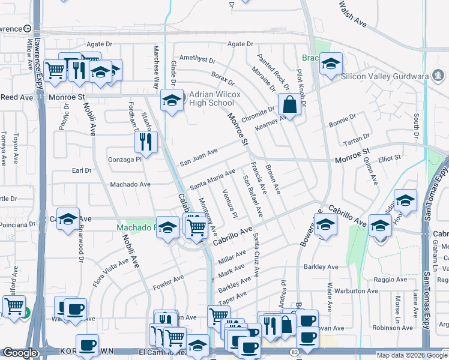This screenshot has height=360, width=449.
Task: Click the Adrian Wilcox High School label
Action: pyautogui.click(x=215, y=98)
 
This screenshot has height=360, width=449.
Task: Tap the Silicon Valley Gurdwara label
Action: pyautogui.click(x=393, y=76)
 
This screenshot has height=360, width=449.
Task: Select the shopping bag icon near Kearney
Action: pyautogui.click(x=289, y=104)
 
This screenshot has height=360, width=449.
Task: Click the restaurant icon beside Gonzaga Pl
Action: pyautogui.click(x=145, y=142)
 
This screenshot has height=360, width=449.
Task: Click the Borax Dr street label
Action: pyautogui.click(x=222, y=83)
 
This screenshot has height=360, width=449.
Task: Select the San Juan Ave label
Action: pyautogui.click(x=199, y=158)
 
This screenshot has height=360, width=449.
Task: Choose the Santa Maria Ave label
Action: pyautogui.click(x=212, y=179)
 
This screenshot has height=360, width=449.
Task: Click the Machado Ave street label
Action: pyautogui.click(x=130, y=184)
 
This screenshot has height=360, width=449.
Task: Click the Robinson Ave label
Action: pyautogui.click(x=393, y=328)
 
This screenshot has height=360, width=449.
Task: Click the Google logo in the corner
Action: pyautogui.click(x=20, y=353)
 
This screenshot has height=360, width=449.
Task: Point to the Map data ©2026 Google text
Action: pyautogui.click(x=411, y=355)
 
